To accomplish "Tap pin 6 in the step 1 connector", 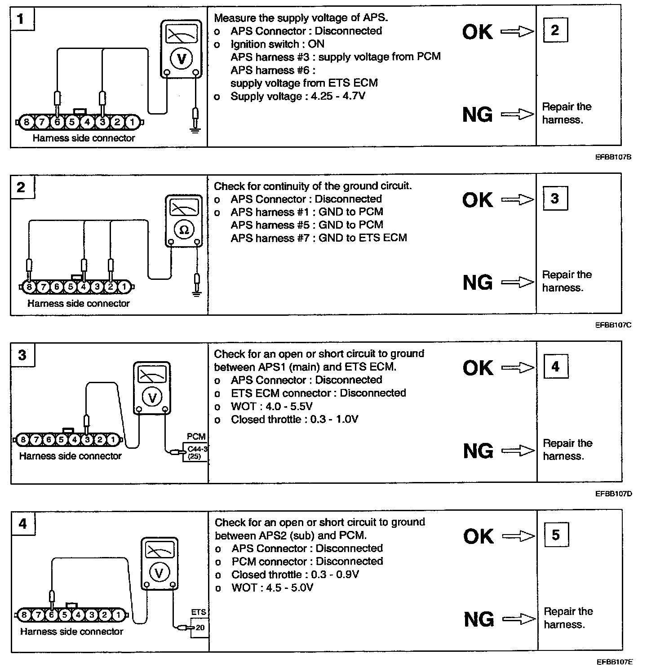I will [57, 122].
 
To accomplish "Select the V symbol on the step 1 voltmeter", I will [182, 59].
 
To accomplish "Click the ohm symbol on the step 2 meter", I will [184, 230].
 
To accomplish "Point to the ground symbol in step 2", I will [196, 293].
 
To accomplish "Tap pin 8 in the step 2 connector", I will [30, 286].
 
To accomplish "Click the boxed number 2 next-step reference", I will [555, 30].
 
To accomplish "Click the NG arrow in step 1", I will [517, 115].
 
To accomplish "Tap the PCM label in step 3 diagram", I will [196, 436].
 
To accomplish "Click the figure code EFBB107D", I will [614, 494].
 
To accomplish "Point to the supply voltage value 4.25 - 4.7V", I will [338, 96].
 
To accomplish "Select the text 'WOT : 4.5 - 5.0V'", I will [272, 588].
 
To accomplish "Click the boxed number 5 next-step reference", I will [556, 535].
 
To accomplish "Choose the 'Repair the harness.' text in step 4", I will [568, 618].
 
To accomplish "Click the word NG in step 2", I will [478, 283].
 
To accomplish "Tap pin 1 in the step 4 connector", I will [118, 615].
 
